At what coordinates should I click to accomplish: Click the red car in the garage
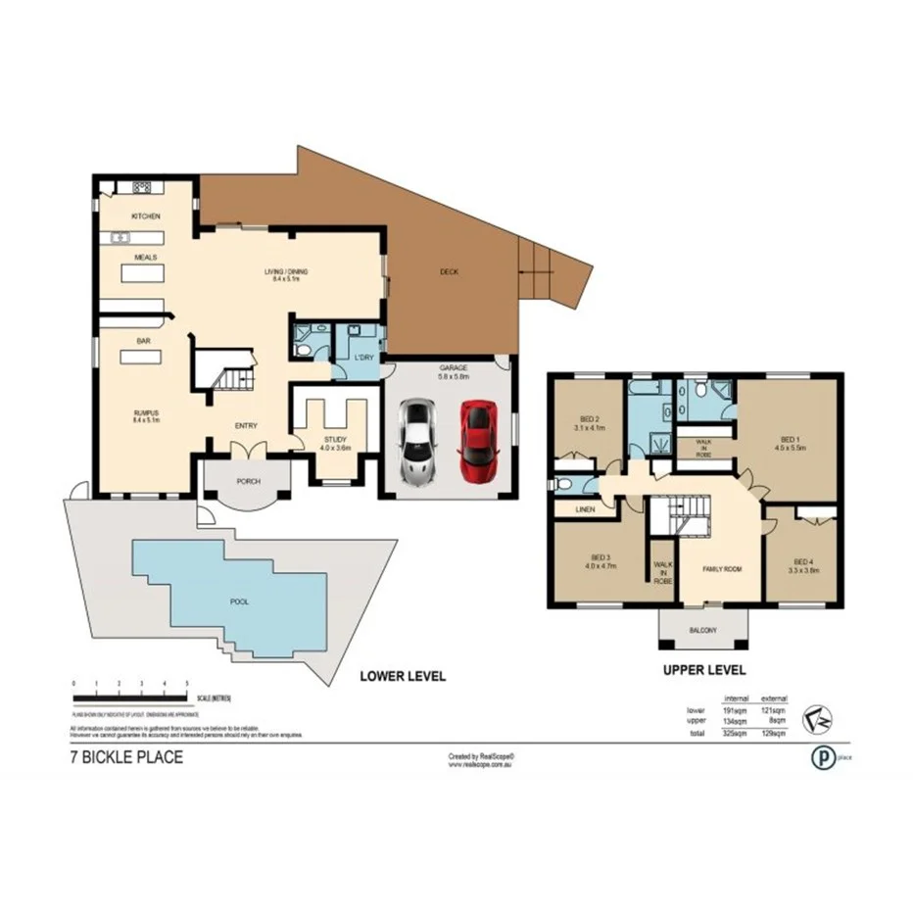[477, 435]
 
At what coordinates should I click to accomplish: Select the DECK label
[449, 272]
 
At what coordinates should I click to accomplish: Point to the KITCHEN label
[145, 216]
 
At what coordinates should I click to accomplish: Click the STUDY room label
[335, 440]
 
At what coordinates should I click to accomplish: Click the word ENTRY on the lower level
[246, 426]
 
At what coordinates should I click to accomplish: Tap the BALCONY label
[702, 631]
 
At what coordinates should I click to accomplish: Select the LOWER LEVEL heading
[402, 676]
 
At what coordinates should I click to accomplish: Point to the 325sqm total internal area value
[735, 732]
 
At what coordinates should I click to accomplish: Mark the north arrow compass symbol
[814, 718]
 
